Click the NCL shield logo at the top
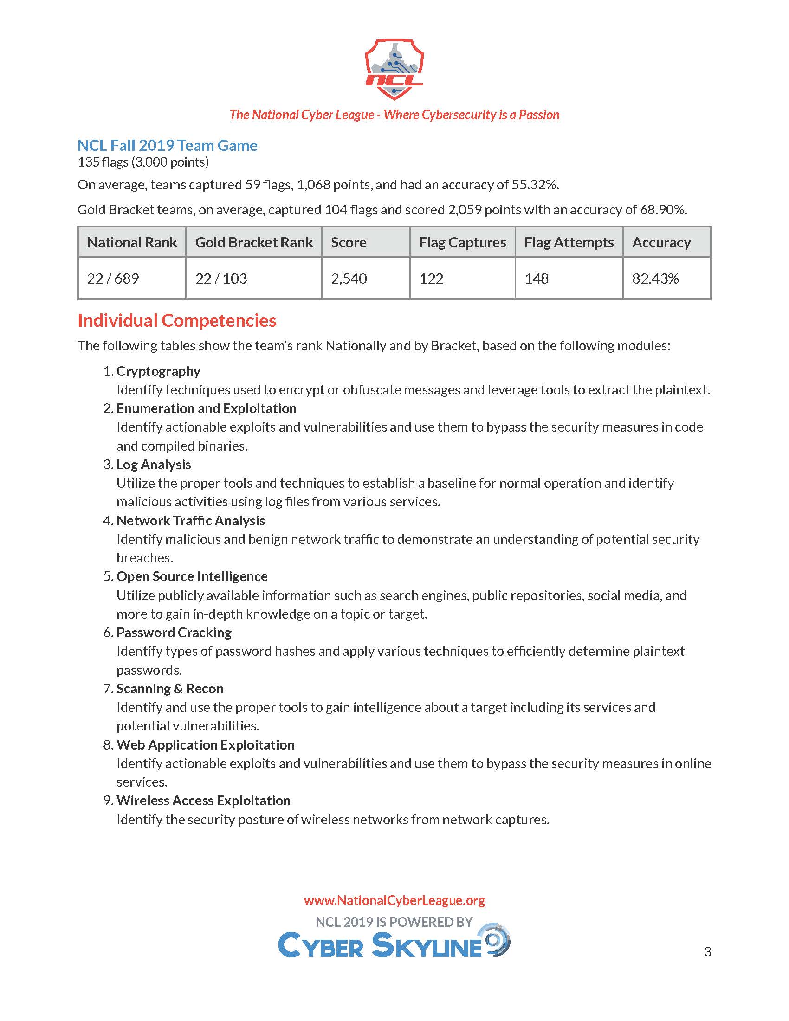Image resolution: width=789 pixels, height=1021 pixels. click(x=394, y=69)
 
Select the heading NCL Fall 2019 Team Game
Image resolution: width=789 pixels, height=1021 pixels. click(x=168, y=145)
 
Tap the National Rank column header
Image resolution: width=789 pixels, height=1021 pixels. click(x=132, y=242)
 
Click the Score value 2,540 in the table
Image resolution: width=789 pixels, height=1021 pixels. click(x=349, y=278)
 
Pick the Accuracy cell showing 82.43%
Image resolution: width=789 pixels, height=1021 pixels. click(x=655, y=278)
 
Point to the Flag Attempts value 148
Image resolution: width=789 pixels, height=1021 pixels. click(x=536, y=278)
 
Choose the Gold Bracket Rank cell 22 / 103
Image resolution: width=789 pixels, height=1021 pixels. click(x=221, y=278)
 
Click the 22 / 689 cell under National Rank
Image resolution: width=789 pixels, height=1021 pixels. click(x=113, y=278)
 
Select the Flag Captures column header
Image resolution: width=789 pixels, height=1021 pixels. click(x=462, y=242)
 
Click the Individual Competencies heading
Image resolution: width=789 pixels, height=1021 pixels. click(x=177, y=321)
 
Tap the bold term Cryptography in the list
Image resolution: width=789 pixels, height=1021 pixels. click(x=158, y=371)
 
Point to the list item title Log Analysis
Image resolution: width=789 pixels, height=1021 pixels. click(x=154, y=464)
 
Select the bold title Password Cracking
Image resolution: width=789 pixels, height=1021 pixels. click(x=174, y=633)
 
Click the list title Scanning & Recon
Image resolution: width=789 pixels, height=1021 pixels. click(x=170, y=689)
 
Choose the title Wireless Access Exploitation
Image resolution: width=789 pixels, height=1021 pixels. click(x=203, y=801)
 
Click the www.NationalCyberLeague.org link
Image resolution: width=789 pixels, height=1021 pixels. click(x=394, y=900)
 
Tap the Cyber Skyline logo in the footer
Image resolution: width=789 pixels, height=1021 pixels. click(x=394, y=944)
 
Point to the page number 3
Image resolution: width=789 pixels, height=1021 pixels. click(x=708, y=951)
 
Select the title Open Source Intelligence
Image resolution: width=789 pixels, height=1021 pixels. click(x=192, y=576)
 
